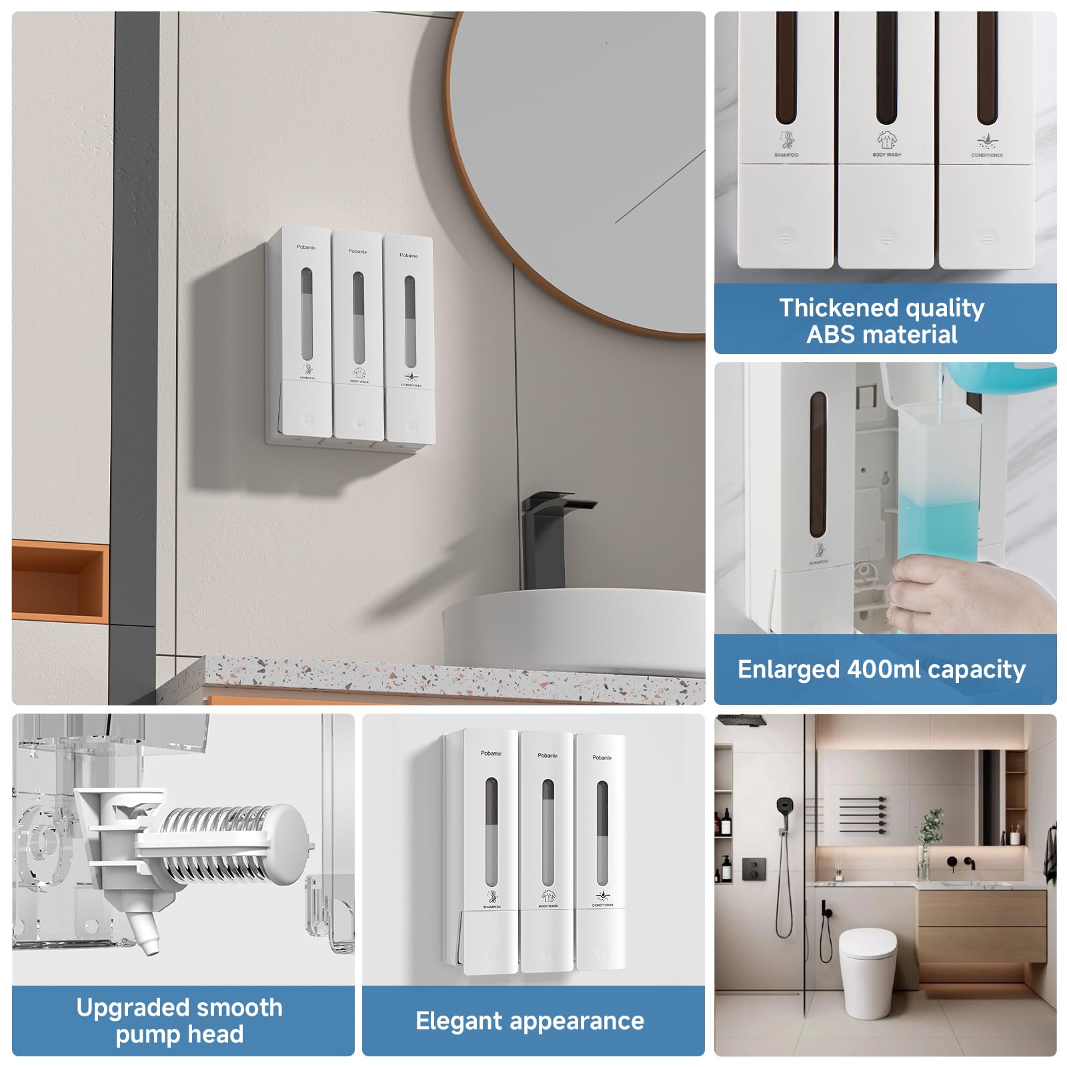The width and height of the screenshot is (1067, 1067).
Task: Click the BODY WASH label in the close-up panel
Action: tap(886, 155)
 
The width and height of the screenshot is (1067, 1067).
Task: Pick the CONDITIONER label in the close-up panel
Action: tap(987, 155)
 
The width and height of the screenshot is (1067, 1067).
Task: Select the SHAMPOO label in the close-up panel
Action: tap(786, 155)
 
